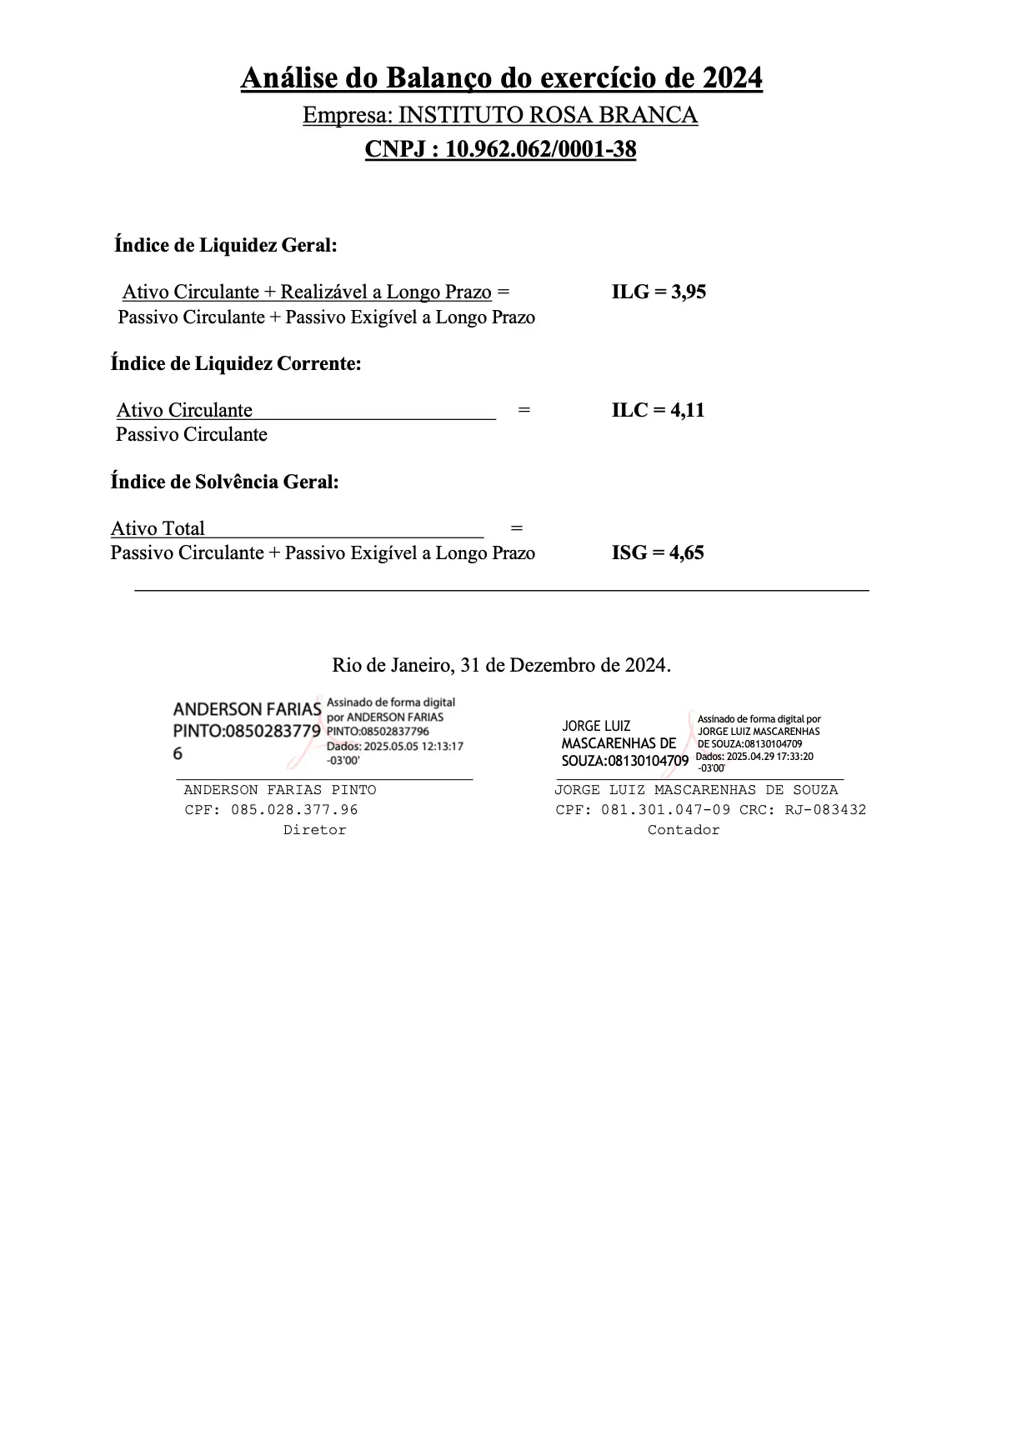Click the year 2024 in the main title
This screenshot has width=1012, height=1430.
click(x=732, y=78)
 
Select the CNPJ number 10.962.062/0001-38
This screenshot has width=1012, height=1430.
click(x=540, y=150)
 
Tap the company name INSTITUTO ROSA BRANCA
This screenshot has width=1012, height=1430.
click(x=548, y=115)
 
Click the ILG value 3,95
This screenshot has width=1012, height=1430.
click(x=689, y=292)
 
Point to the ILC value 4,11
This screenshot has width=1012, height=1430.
click(x=688, y=410)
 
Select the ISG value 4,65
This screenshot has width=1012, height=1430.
click(x=687, y=553)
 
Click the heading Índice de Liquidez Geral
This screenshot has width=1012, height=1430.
click(x=226, y=246)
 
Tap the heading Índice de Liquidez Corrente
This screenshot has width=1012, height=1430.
click(x=236, y=364)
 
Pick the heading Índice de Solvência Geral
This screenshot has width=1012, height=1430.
click(x=225, y=482)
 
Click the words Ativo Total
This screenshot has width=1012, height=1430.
click(x=158, y=529)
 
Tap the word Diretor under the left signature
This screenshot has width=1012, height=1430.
click(x=314, y=830)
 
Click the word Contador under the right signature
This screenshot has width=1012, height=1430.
click(x=684, y=830)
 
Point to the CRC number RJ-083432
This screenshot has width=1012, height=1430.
click(x=825, y=810)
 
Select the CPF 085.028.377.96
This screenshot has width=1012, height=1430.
click(x=294, y=810)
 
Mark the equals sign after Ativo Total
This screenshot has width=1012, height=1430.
click(x=517, y=529)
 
